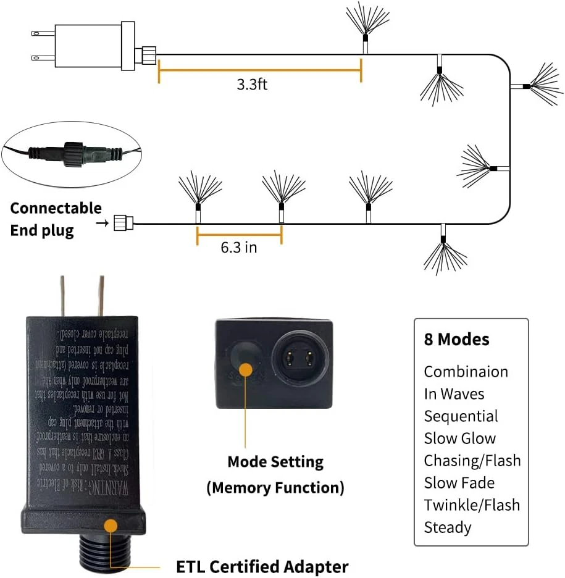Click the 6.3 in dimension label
pyautogui.click(x=239, y=248)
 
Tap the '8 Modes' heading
pyautogui.click(x=456, y=340)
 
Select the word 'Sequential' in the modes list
pyautogui.click(x=461, y=416)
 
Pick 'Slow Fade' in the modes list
pyautogui.click(x=459, y=483)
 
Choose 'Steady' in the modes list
pyautogui.click(x=448, y=527)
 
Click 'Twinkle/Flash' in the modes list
pyautogui.click(x=472, y=505)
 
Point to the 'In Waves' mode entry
pyautogui.click(x=454, y=394)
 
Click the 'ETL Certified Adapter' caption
pyautogui.click(x=262, y=566)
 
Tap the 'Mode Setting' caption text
pyautogui.click(x=275, y=462)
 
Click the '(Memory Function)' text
pyautogui.click(x=275, y=488)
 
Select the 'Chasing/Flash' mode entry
pyautogui.click(x=472, y=461)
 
